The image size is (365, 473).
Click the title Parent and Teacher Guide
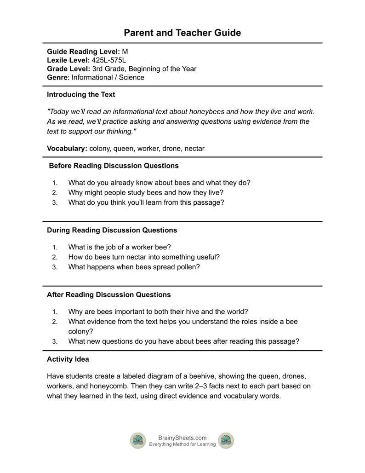click(x=182, y=33)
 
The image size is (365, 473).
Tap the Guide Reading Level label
click(x=83, y=52)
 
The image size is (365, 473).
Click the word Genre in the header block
click(x=57, y=77)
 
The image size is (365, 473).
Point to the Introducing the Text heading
click(x=81, y=94)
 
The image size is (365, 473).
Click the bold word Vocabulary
click(x=66, y=149)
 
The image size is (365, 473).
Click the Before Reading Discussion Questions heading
click(x=114, y=165)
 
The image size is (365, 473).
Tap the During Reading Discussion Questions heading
click(x=112, y=230)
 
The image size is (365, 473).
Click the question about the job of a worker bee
click(x=120, y=247)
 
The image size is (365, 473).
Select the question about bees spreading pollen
click(x=134, y=267)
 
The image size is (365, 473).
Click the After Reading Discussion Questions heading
click(x=109, y=294)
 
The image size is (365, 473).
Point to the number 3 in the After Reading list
click(x=55, y=342)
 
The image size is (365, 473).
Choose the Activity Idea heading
click(x=68, y=359)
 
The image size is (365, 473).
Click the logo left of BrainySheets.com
click(x=138, y=441)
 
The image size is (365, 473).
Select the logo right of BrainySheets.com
click(x=226, y=441)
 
